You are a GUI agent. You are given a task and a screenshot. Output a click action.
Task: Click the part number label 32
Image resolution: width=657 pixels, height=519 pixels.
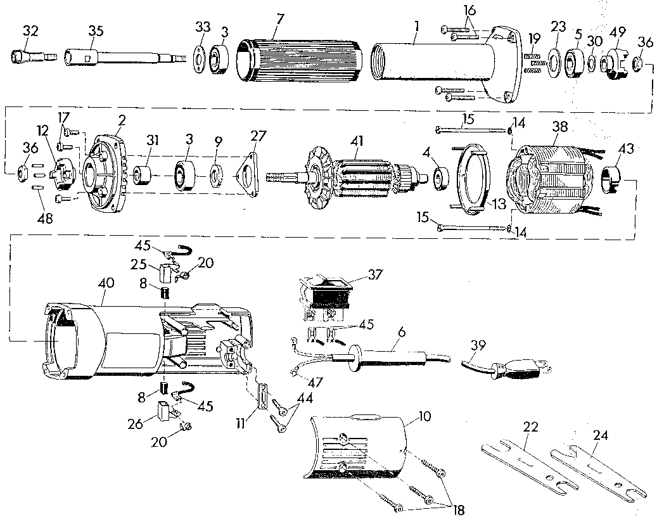30,31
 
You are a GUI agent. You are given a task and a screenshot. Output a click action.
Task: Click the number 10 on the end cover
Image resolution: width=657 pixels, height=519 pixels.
424,417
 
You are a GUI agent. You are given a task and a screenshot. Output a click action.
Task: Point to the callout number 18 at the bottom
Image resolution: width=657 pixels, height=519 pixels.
459,509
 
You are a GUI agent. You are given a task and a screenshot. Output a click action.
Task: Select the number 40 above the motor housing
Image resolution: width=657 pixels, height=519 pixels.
106,283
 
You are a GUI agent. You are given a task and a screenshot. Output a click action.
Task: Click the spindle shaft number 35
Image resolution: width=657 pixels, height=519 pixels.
96,30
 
